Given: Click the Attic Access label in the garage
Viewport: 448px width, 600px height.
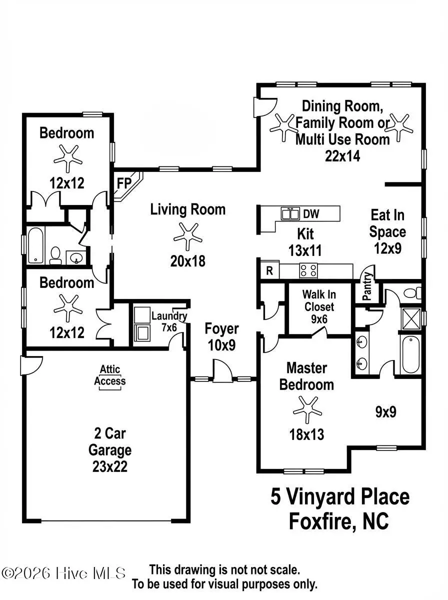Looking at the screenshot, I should point(110,375).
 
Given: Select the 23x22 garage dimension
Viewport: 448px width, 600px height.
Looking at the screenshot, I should point(109,466).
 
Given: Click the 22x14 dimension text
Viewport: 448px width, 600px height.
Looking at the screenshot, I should point(342,155).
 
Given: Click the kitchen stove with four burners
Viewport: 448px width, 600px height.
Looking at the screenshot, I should point(308,270).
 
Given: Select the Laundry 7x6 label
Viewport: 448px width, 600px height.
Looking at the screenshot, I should point(168,321).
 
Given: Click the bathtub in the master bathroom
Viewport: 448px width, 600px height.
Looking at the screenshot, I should point(411,354).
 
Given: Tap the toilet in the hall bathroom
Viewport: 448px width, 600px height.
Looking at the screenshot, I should point(55,255).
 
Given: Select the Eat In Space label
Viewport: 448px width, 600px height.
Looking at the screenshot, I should point(387,223).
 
